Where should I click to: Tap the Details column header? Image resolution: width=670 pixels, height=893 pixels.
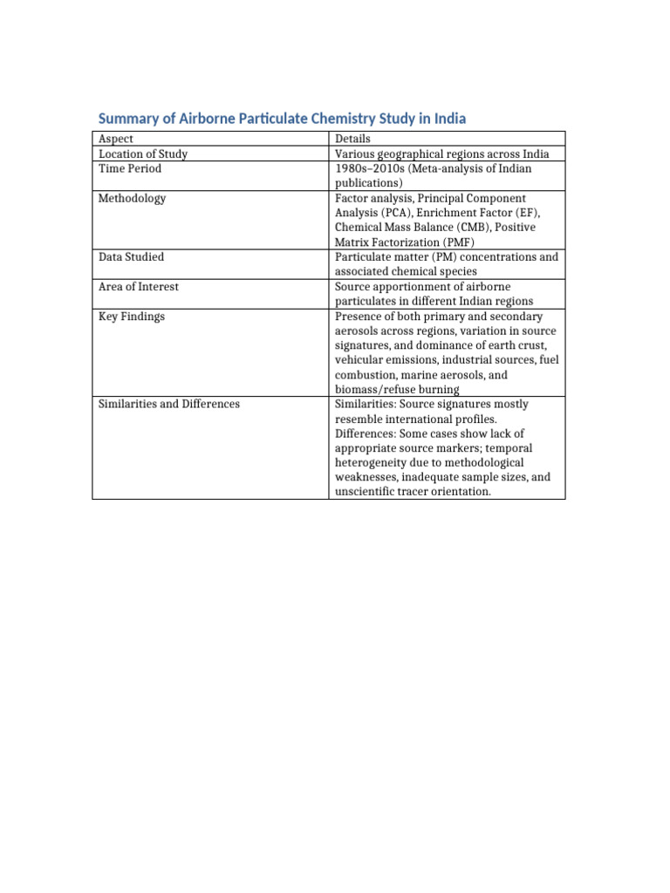352,139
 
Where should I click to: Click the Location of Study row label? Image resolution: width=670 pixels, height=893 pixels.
143,153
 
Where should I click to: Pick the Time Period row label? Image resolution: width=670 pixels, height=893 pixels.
130,168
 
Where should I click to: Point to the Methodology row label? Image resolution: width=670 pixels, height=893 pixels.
133,198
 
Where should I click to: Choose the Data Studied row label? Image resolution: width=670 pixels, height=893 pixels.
131,257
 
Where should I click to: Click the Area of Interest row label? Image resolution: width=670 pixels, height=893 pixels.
139,287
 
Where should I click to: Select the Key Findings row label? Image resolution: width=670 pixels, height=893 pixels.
132,317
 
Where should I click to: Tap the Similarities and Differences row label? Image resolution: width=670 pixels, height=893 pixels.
169,405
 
